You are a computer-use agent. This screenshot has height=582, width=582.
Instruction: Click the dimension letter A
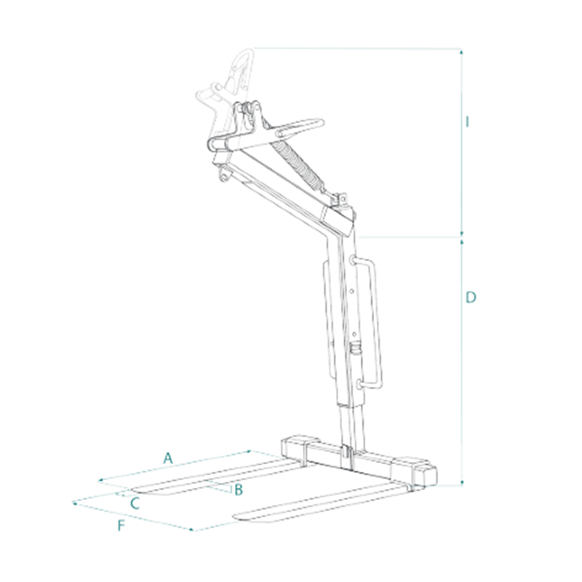click(x=168, y=458)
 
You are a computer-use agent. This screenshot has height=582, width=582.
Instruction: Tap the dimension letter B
click(x=239, y=490)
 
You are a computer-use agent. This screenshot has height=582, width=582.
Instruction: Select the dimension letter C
click(x=135, y=503)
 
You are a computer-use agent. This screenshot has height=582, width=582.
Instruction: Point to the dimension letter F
click(x=121, y=525)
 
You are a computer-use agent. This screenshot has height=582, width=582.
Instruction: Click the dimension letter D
click(x=471, y=298)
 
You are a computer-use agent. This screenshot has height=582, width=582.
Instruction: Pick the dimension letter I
click(x=468, y=121)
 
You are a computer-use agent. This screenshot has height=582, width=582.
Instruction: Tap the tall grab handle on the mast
click(x=368, y=323)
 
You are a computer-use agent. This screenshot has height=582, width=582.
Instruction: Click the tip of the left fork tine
click(x=134, y=490)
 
